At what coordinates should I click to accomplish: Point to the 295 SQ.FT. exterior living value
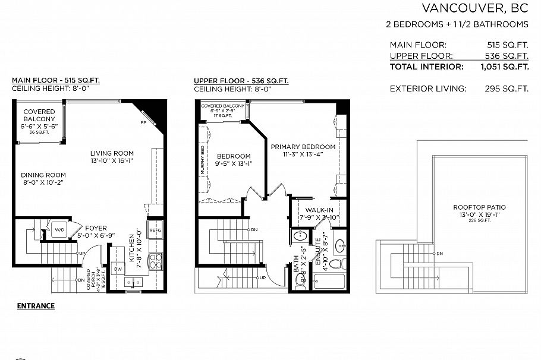tap(507, 89)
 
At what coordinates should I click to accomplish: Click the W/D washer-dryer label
tap(59, 229)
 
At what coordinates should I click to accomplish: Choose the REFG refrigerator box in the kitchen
tap(155, 230)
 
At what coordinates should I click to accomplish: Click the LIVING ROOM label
tap(112, 153)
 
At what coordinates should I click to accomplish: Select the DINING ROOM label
tap(43, 175)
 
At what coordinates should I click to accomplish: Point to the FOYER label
tap(96, 228)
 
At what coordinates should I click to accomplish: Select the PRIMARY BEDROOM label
tap(303, 146)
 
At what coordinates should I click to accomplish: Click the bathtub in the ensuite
tap(333, 282)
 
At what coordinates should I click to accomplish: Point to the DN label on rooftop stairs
tap(439, 254)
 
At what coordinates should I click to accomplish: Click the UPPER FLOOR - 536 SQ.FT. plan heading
tap(241, 80)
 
